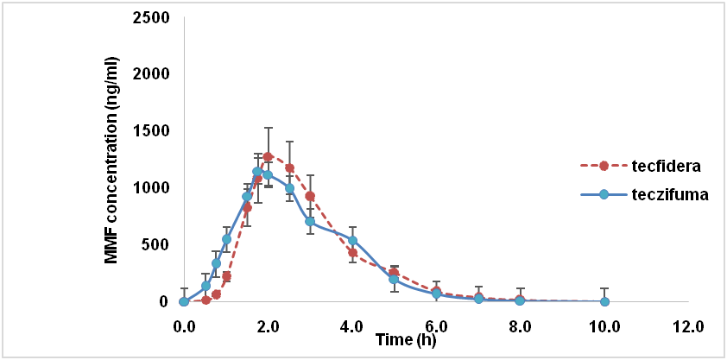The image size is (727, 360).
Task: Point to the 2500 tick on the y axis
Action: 153,17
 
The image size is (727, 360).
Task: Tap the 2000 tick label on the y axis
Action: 153,74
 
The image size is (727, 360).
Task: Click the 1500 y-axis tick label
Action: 153,131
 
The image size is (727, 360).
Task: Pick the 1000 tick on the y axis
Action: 153,188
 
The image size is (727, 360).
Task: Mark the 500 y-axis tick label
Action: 157,244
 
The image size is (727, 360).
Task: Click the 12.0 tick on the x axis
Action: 688,326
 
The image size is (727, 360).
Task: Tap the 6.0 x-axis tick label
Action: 436,326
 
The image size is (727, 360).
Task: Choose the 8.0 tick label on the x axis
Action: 521,326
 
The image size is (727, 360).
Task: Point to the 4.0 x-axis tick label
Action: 352,326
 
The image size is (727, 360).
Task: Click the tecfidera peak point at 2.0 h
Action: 268,157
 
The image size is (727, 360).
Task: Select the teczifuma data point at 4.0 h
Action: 352,240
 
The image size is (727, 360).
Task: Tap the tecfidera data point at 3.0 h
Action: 310,196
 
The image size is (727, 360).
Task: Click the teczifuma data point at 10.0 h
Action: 604,301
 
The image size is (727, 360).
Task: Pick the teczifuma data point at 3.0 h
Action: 310,222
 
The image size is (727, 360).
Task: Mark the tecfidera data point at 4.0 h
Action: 352,252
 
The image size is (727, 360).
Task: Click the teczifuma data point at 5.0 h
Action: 394,279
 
